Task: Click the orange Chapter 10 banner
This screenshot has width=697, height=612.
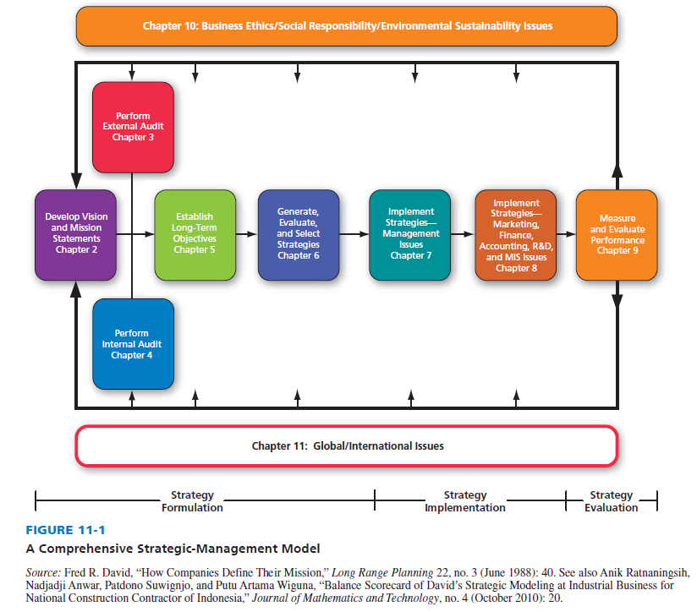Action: (347, 26)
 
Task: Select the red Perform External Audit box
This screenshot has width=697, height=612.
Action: (133, 126)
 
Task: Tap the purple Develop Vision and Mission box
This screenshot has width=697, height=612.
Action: (76, 233)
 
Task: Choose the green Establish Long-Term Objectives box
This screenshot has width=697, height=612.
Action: (195, 233)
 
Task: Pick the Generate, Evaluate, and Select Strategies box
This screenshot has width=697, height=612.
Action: (299, 233)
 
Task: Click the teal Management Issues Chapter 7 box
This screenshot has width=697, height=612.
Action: (410, 233)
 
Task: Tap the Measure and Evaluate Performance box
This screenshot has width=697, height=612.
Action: (617, 234)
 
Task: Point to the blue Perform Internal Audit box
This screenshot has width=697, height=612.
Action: (132, 343)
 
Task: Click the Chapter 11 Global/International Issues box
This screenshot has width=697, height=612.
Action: (347, 445)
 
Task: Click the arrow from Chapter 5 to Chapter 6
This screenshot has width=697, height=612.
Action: (246, 234)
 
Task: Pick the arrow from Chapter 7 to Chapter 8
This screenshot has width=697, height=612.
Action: (462, 234)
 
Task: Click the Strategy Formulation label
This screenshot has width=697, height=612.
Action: (192, 501)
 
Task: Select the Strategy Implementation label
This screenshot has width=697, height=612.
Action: (464, 501)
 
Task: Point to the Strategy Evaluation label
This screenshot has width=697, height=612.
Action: (611, 501)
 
